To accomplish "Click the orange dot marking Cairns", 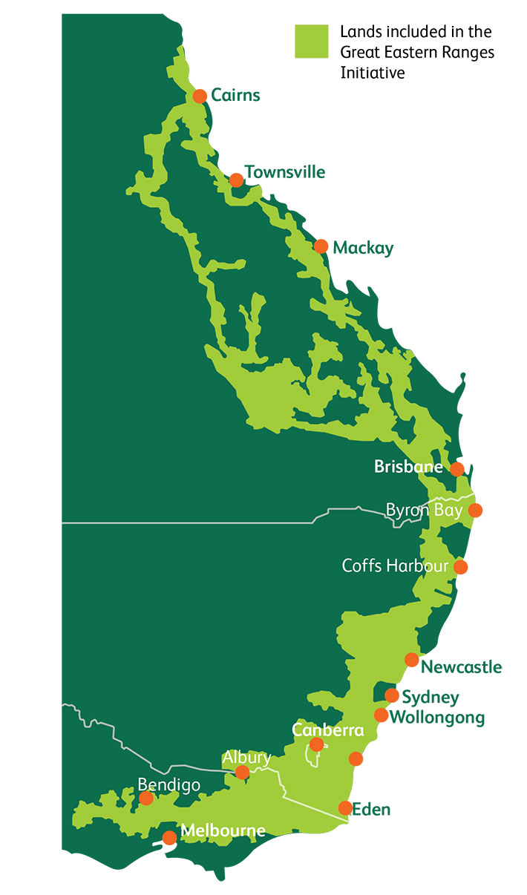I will [200, 96].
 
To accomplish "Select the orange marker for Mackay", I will [321, 246].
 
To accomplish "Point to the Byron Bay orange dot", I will [475, 510].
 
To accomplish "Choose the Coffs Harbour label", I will [395, 566].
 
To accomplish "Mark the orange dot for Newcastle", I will [411, 660].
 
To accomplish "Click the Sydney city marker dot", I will [392, 695].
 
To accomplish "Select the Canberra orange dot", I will [317, 744].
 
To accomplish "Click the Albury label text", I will [246, 758].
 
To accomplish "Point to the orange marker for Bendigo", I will [146, 798].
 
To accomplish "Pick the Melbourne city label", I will [223, 830].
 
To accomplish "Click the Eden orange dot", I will [345, 807].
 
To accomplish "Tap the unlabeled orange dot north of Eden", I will [356, 758].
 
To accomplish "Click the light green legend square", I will [311, 42].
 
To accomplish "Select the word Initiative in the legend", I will [373, 73].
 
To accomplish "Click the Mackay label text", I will [363, 247].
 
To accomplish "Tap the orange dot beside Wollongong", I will [381, 715].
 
